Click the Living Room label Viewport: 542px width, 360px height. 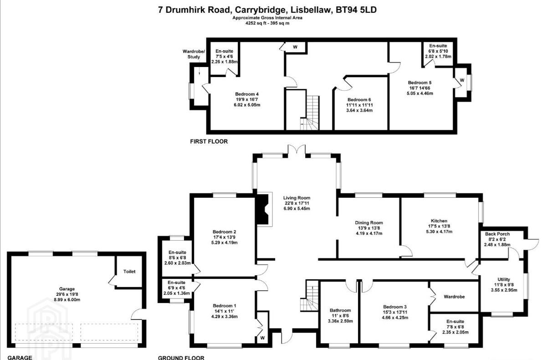(297, 198)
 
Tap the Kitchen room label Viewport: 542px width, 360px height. (439, 221)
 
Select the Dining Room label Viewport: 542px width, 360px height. (369, 223)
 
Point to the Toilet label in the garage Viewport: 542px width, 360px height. (129, 272)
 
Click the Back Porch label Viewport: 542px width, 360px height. (497, 234)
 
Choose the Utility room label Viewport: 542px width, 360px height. (504, 279)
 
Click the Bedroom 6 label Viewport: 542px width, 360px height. (359, 100)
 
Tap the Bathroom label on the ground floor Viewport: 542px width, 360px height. (340, 310)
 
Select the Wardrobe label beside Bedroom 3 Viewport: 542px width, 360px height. (454, 297)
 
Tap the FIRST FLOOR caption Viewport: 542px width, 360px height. (209, 141)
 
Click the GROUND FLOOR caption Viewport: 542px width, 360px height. (181, 358)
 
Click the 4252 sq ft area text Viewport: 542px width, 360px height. (256, 23)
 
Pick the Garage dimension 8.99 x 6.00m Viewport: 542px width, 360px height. (66, 299)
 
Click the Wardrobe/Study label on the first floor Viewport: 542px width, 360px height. (194, 54)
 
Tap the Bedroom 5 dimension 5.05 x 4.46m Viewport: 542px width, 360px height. (419, 93)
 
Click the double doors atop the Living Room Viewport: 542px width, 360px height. (297, 149)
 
